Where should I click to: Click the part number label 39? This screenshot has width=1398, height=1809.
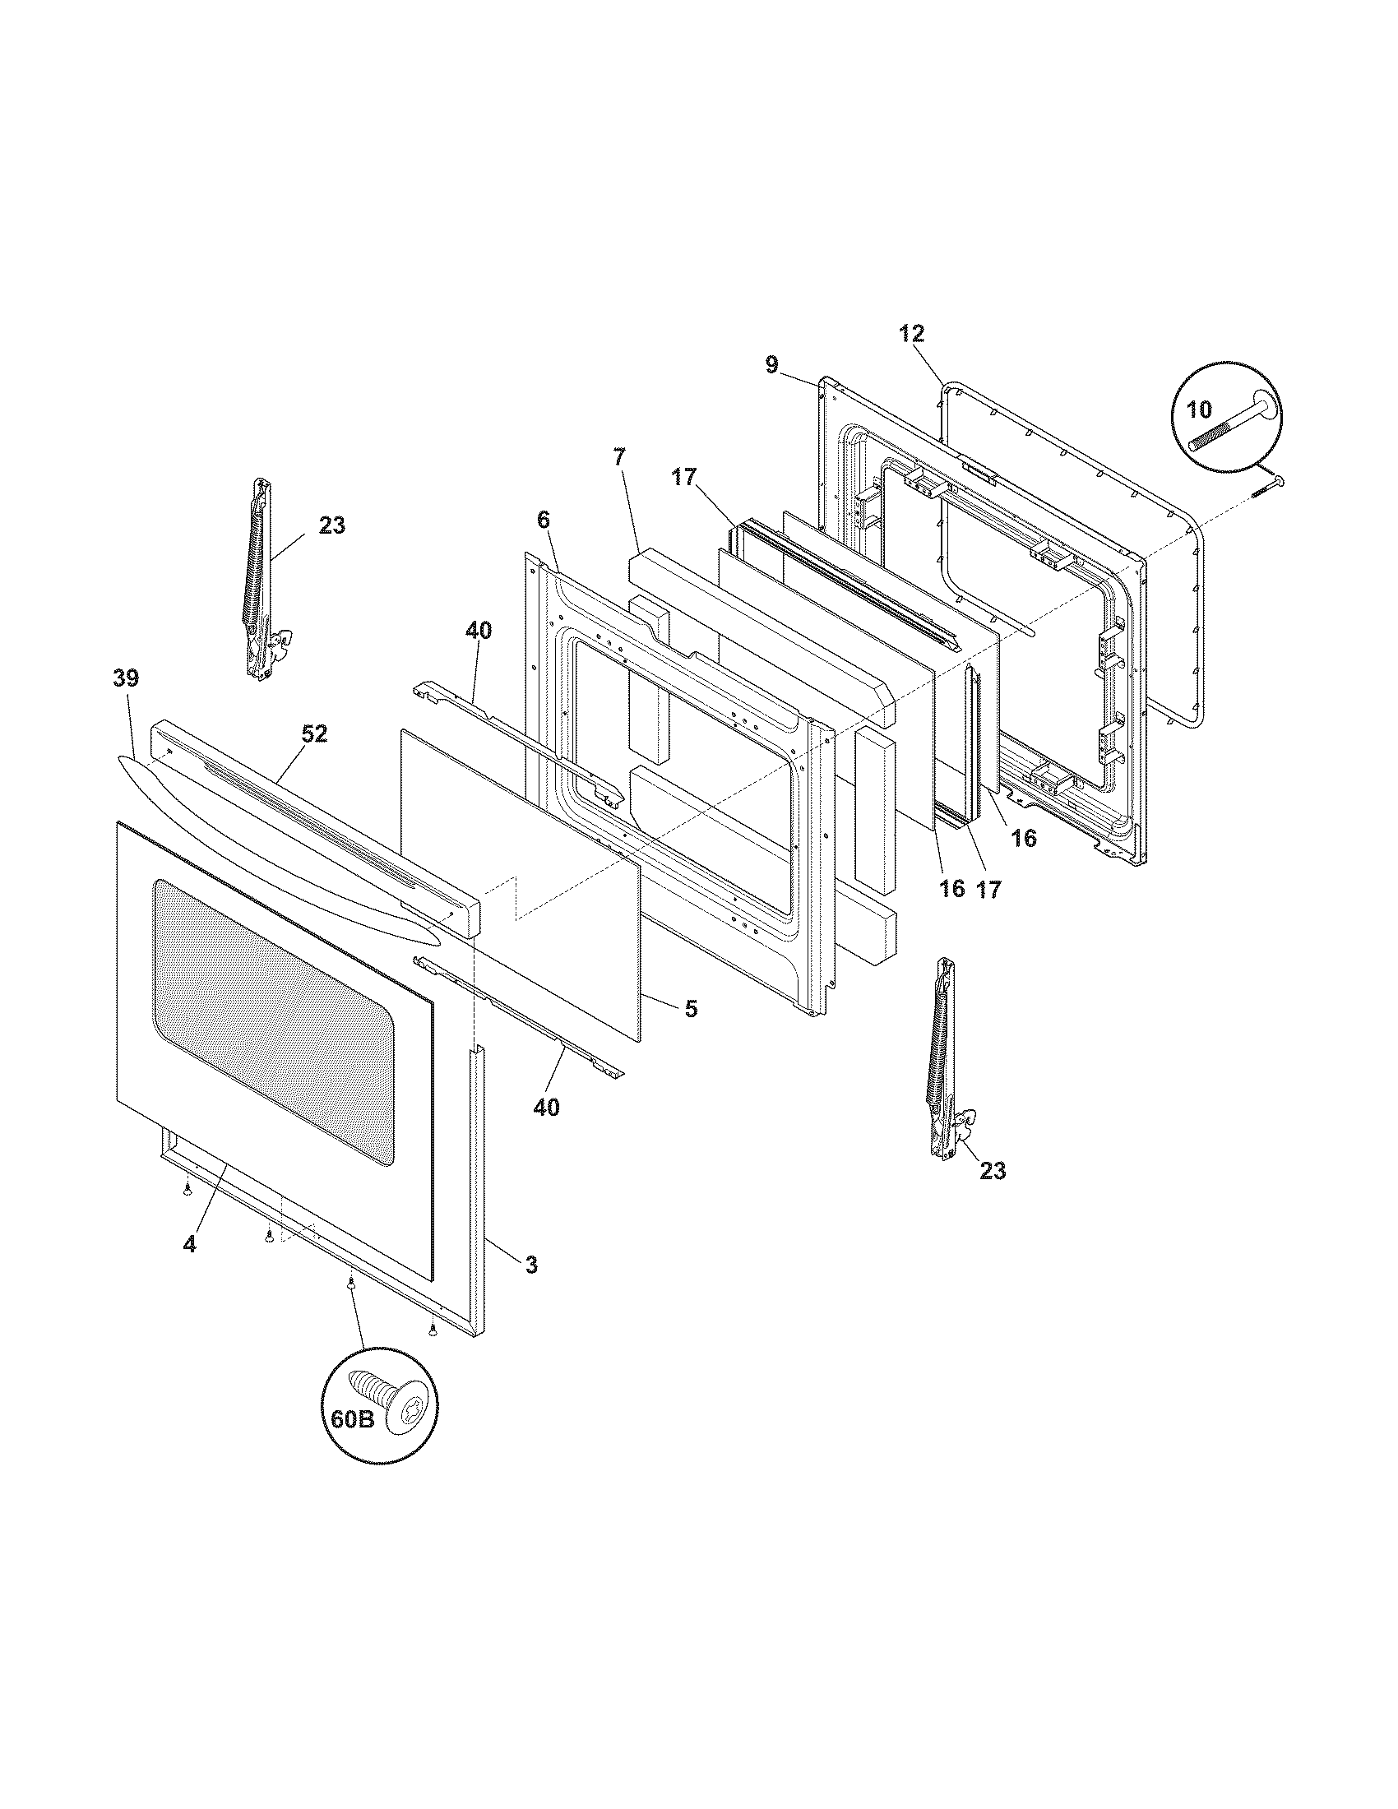coord(126,679)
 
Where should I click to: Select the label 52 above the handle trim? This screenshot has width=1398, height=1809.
coord(314,733)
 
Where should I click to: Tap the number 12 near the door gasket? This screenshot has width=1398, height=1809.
coord(911,335)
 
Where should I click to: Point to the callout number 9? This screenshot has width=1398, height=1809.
coord(772,365)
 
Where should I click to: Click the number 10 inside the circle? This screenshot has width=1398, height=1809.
coord(1199,409)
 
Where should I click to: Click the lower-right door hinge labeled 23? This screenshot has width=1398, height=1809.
coord(946,1060)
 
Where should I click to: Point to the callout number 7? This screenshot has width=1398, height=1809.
coord(620,456)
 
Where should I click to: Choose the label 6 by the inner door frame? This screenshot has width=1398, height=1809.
coord(543,520)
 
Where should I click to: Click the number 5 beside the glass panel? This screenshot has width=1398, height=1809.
coord(690,1008)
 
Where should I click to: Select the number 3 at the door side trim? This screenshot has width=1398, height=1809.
coord(531,1288)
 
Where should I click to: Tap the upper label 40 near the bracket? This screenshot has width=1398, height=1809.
coord(479,632)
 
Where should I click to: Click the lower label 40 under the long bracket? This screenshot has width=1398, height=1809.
coord(546,1107)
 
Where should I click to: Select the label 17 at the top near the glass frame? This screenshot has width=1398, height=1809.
coord(684,478)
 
